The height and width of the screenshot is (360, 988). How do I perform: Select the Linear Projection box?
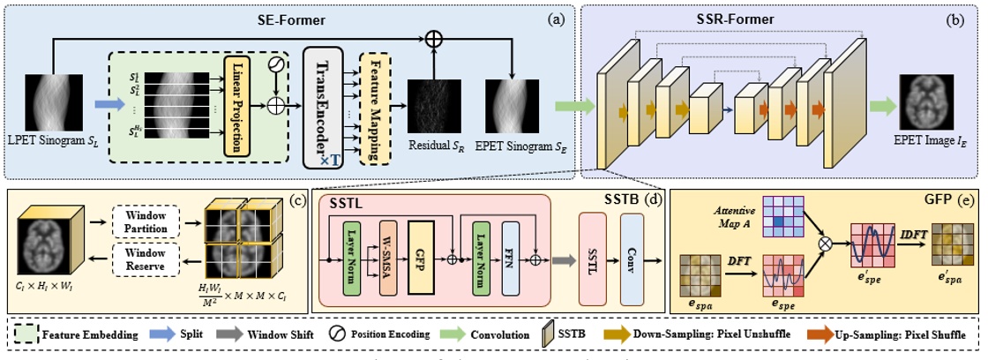tap(235, 104)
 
